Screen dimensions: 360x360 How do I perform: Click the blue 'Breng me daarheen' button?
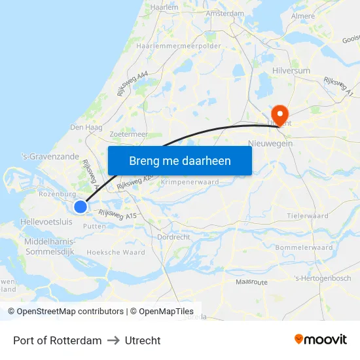click(x=180, y=160)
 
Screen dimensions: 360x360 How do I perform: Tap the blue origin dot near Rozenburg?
click(x=81, y=207)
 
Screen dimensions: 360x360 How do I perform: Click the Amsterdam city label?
click(x=225, y=13)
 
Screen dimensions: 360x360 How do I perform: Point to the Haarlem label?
click(x=164, y=7)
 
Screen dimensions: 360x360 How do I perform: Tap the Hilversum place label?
click(x=291, y=71)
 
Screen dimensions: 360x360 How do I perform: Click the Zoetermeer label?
click(x=129, y=134)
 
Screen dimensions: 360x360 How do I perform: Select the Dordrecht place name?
click(x=174, y=237)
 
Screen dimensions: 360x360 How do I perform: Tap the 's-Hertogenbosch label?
click(x=323, y=278)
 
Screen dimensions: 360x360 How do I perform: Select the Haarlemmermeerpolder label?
click(x=179, y=46)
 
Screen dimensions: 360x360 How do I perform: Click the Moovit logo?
click(x=320, y=339)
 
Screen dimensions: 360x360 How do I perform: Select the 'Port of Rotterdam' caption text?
click(x=58, y=340)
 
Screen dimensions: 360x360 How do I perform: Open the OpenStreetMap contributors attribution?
click(x=65, y=312)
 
